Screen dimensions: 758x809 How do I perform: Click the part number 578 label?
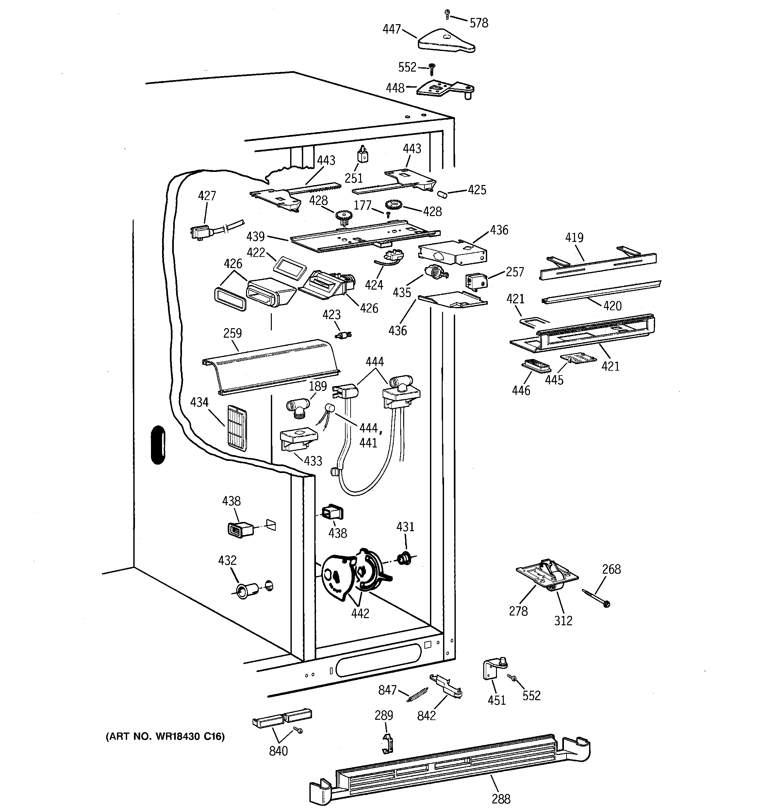(x=479, y=23)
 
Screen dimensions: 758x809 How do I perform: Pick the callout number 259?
(x=233, y=333)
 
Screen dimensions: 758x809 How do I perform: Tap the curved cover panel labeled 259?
(x=271, y=367)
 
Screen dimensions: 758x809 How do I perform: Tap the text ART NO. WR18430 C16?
(x=165, y=736)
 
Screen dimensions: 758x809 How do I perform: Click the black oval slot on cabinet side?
(x=158, y=445)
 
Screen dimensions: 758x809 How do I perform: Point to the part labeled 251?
(x=362, y=154)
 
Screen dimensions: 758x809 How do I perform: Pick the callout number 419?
(x=574, y=238)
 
